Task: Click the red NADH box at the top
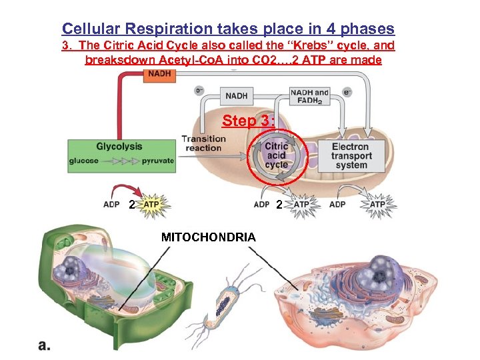[x=160, y=75]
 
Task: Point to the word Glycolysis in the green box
[x=119, y=147]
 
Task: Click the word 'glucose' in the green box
[x=84, y=161]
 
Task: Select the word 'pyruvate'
[x=157, y=161]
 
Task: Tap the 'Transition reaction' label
[x=203, y=143]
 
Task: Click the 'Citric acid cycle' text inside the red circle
[x=276, y=155]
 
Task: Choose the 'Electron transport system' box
[x=350, y=155]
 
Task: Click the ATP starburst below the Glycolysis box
[x=153, y=204]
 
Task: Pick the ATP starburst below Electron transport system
[x=377, y=204]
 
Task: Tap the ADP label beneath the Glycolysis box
[x=111, y=204]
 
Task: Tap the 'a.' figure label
[x=45, y=345]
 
